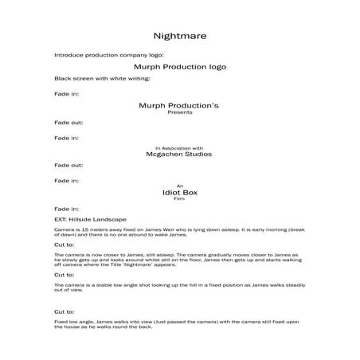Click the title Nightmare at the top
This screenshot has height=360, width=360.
[179, 36]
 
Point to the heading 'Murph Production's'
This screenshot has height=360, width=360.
[179, 105]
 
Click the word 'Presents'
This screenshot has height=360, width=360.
[179, 112]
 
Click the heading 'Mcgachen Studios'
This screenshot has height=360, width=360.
[179, 155]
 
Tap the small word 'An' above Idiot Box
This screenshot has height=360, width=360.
[179, 186]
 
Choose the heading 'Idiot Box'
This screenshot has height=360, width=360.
[179, 193]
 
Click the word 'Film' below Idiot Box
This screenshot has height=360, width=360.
[179, 200]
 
